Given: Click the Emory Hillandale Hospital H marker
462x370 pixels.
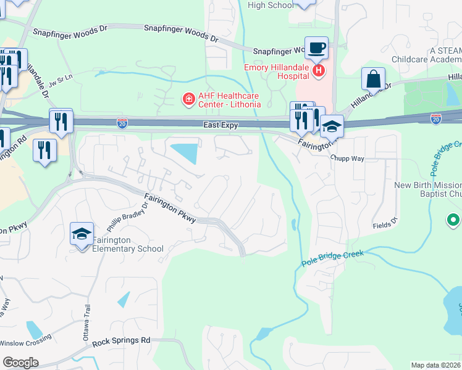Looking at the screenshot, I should [x=319, y=71].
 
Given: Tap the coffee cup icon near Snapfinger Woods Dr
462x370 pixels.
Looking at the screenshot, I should [x=317, y=47].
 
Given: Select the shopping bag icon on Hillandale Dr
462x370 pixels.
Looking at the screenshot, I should [x=373, y=79].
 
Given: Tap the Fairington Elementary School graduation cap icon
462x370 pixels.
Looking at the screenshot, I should [x=82, y=234].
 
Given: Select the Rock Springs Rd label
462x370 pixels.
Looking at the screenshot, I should [x=121, y=340].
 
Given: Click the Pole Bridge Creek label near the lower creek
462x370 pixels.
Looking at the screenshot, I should [x=333, y=258].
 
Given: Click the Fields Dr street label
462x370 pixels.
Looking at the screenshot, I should [x=382, y=225].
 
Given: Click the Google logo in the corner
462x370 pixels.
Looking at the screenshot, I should [x=20, y=363].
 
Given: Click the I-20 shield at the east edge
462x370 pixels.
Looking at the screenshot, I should [x=436, y=117].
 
